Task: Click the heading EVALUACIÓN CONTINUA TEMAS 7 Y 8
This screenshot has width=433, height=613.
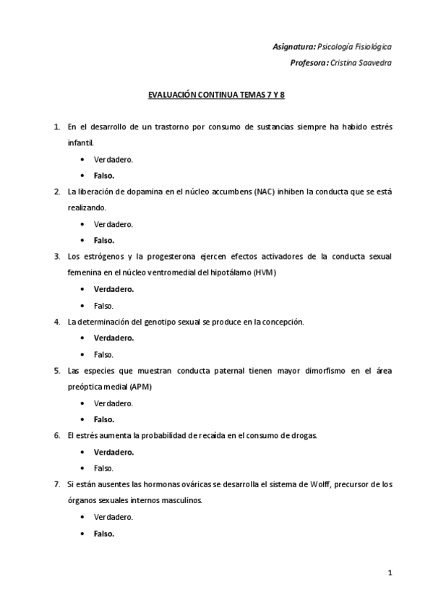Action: tap(217, 95)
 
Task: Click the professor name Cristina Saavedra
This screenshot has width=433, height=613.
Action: tap(361, 62)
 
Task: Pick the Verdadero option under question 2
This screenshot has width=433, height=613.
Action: tap(113, 224)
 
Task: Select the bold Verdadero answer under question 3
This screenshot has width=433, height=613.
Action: tap(113, 289)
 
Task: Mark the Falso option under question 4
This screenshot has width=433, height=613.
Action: tap(104, 354)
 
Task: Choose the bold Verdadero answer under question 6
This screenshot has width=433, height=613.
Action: tap(113, 452)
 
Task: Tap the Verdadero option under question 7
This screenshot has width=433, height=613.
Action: tap(113, 517)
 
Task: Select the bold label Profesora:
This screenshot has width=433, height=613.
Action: tap(308, 62)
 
